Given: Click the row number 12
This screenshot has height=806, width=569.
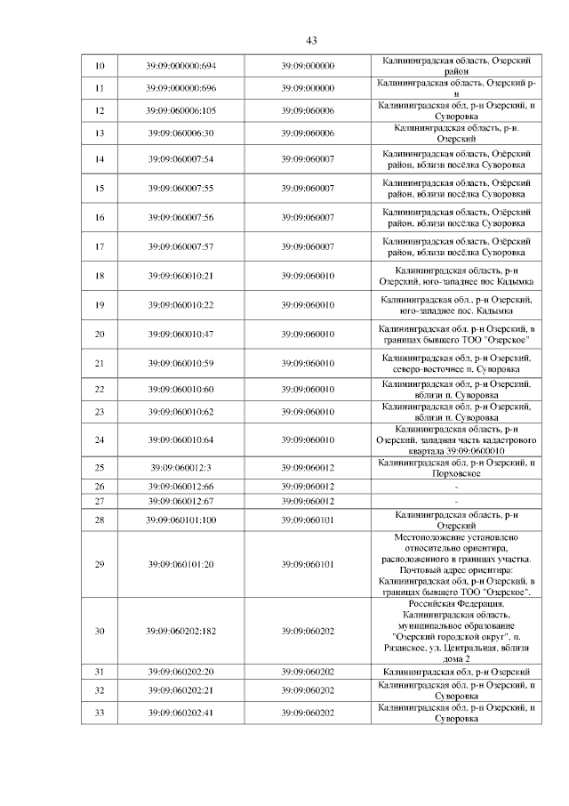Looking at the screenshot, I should (100, 110).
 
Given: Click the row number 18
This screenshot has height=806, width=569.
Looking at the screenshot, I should (100, 276).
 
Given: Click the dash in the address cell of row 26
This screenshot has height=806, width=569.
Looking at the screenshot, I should (456, 487).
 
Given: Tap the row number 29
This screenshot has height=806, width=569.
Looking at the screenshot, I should (100, 564).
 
